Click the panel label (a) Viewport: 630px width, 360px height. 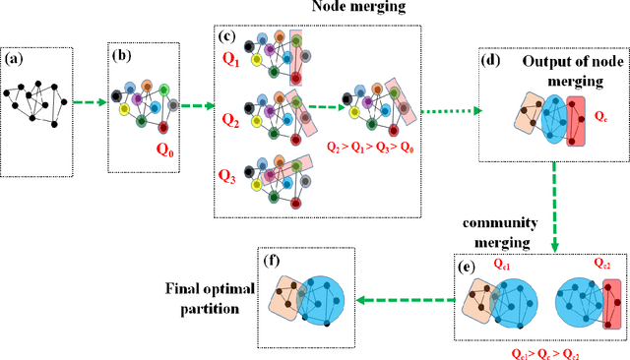[x=15, y=59]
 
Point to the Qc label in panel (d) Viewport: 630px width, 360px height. [x=601, y=114]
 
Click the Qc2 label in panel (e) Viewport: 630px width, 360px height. [x=602, y=264]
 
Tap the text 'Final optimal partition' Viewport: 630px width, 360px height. [x=210, y=296]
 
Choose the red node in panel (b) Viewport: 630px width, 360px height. [x=163, y=127]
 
